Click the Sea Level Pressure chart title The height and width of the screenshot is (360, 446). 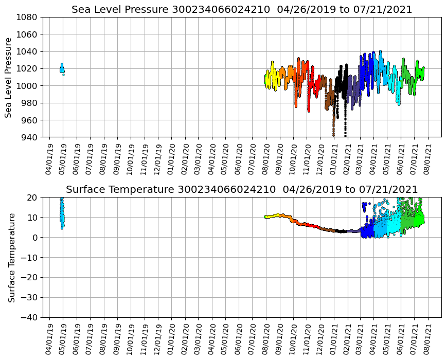(x=242, y=9)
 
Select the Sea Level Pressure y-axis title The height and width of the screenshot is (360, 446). (x=9, y=77)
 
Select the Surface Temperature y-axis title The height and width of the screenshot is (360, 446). (x=11, y=257)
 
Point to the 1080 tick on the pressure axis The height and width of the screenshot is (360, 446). (x=28, y=17)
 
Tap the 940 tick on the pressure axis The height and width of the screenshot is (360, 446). (x=30, y=137)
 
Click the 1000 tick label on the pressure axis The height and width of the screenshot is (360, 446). (x=28, y=86)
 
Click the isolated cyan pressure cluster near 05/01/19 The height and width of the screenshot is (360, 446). (x=62, y=68)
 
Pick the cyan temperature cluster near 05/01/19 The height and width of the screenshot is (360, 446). (x=62, y=213)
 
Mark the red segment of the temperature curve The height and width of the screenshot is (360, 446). (x=309, y=225)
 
